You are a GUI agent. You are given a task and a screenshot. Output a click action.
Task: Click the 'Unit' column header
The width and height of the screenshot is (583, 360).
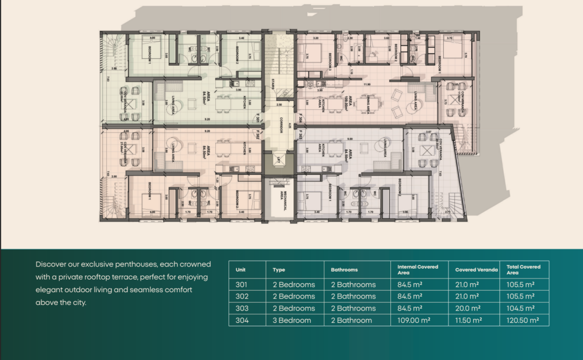pyautogui.click(x=241, y=270)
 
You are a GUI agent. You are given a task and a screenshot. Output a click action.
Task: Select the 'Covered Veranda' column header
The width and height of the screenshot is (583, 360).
pyautogui.click(x=476, y=270)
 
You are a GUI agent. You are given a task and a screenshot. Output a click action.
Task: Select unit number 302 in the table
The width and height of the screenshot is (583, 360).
pyautogui.click(x=242, y=296)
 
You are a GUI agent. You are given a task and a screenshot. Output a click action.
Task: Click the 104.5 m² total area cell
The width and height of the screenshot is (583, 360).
pyautogui.click(x=520, y=308)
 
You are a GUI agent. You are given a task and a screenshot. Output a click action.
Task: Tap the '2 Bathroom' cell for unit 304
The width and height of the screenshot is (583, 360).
pyautogui.click(x=351, y=320)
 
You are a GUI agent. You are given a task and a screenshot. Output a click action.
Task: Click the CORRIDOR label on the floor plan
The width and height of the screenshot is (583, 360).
pyautogui.click(x=281, y=125)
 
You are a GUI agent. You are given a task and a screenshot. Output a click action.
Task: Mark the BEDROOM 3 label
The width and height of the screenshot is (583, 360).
pyautogui.click(x=330, y=61)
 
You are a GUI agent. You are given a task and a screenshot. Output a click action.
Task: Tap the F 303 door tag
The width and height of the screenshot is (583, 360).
pyautogui.click(x=300, y=136)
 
